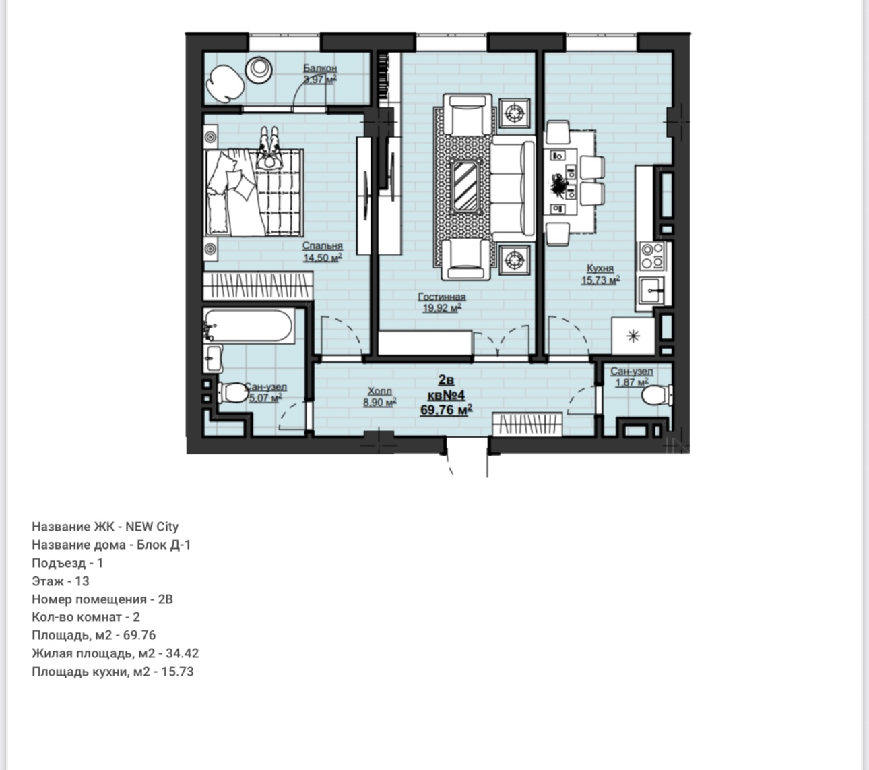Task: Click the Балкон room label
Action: [x=320, y=68]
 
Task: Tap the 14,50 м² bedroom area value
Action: [x=323, y=258]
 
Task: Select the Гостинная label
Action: [x=442, y=297]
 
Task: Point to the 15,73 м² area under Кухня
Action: [x=600, y=280]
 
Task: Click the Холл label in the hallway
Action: [x=379, y=391]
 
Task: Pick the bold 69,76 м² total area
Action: [x=447, y=410]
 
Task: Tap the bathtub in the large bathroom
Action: [x=249, y=326]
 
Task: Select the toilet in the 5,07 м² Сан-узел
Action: [x=233, y=392]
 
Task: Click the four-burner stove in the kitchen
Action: [x=652, y=256]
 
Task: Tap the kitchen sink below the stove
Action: [x=652, y=291]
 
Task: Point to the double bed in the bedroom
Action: [x=255, y=194]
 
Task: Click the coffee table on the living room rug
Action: [x=465, y=186]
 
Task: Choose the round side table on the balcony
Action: [x=259, y=69]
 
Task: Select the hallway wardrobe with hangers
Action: [x=527, y=424]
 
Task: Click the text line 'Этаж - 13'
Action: [x=61, y=581]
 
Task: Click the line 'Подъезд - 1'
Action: [x=67, y=563]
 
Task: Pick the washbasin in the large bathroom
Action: [x=213, y=358]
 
